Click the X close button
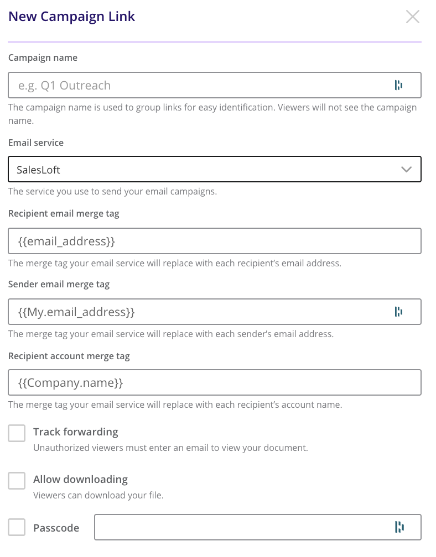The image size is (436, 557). (x=413, y=17)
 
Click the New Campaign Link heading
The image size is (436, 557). (x=72, y=17)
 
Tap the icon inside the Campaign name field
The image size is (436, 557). (x=398, y=85)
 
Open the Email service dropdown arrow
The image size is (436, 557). (x=407, y=170)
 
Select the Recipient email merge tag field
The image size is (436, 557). (x=215, y=241)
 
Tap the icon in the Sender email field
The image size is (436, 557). (x=398, y=312)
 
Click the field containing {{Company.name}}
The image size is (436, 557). (x=215, y=382)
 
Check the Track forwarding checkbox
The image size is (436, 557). (x=17, y=433)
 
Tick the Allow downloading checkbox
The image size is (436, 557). (x=17, y=481)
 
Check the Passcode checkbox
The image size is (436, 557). (x=17, y=527)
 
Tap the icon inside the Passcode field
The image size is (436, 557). (x=398, y=527)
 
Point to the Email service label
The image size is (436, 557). (x=36, y=143)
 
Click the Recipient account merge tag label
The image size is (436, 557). (x=69, y=356)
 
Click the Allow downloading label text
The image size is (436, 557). (x=80, y=479)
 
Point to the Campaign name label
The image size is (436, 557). (x=43, y=57)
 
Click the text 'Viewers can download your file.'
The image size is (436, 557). (x=98, y=495)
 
